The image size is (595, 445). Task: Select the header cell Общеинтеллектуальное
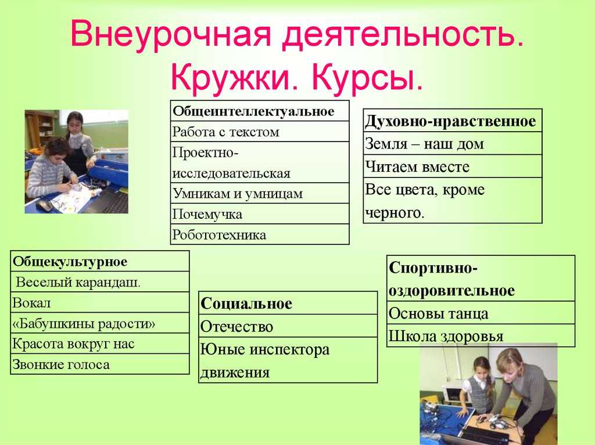point(260,111)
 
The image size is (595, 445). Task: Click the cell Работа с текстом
point(260,132)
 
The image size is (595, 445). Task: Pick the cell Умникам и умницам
point(260,193)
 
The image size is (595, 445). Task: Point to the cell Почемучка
point(260,214)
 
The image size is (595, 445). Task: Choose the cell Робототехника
point(260,234)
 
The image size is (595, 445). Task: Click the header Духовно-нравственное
point(453,121)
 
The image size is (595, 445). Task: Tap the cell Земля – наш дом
point(453,143)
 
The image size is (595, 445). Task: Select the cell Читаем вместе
point(453,166)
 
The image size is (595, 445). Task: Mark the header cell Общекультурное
point(100,261)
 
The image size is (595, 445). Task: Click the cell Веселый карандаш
point(100,281)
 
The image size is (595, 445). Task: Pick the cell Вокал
point(100,302)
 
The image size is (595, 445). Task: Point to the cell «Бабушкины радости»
point(100,323)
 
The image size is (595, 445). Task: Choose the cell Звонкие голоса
point(100,364)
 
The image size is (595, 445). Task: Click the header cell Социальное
point(288,303)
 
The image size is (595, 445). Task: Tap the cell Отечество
point(288,325)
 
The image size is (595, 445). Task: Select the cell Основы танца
point(481,313)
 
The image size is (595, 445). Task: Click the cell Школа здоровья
point(481,335)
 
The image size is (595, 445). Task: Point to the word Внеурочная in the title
point(171,34)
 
